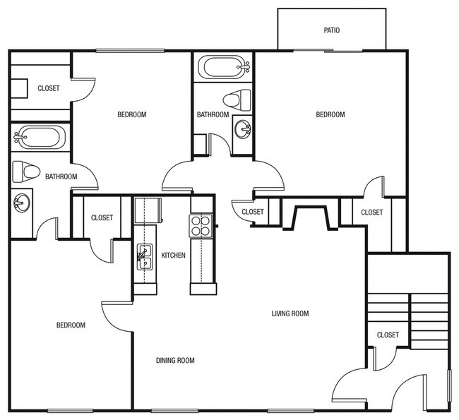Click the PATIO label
pos(332,30)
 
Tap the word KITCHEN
pos(174,256)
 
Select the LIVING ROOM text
pos(291,313)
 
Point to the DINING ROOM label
pos(175,361)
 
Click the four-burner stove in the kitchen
pos(200,225)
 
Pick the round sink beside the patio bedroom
pos(243,129)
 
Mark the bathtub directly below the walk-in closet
pos(39,138)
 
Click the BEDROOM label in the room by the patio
pos(330,115)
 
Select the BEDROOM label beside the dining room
pos(71,325)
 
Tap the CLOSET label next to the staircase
pos(388,335)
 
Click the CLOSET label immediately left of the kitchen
pos(102,218)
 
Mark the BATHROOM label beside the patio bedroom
pos(213,115)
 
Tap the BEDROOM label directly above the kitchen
pos(131,115)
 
